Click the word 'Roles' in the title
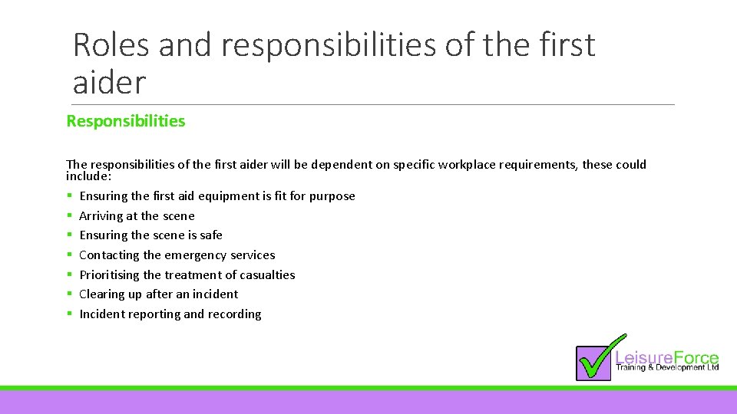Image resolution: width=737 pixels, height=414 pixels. (111, 46)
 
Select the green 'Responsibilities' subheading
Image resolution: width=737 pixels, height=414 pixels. (126, 121)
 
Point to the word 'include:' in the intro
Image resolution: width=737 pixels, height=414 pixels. (89, 176)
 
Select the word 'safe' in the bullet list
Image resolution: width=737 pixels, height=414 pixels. (210, 235)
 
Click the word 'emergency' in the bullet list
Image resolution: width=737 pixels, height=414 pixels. (196, 255)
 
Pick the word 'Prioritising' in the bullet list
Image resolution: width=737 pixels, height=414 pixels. (109, 274)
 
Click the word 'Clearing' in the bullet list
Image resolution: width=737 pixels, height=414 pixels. (101, 294)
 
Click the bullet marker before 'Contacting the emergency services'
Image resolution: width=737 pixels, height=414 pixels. (70, 255)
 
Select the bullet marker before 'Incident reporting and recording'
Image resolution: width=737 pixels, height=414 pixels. (70, 314)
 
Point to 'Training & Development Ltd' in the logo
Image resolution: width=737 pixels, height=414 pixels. (666, 369)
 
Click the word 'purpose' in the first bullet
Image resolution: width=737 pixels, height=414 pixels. (332, 196)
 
